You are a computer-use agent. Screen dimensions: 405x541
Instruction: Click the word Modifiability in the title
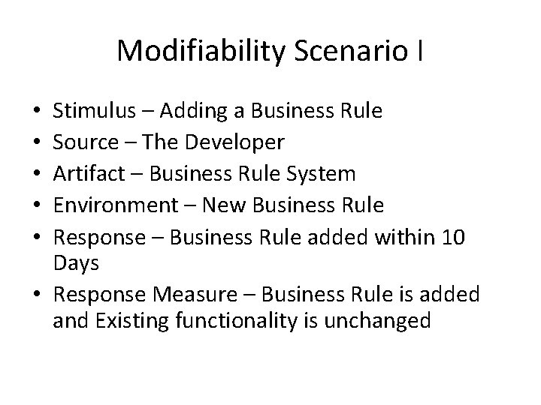point(198,51)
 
